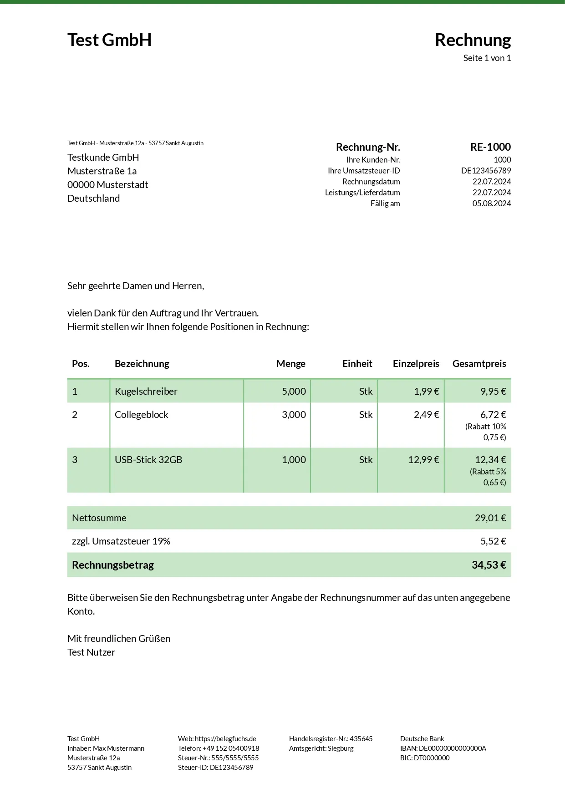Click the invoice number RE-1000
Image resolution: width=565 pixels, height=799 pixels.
tap(490, 147)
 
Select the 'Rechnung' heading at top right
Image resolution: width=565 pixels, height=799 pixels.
tap(473, 40)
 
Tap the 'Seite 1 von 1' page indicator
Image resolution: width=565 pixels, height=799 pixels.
tap(487, 58)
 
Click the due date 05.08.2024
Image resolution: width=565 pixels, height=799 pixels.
tap(491, 204)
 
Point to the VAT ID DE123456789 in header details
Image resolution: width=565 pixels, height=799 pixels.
tap(486, 171)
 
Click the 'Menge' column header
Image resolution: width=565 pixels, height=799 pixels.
tap(290, 364)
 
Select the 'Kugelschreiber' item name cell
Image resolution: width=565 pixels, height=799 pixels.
tap(146, 392)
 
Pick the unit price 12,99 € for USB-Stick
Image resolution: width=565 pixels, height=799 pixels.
tap(423, 460)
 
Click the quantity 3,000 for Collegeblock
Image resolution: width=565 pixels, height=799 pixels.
tap(294, 415)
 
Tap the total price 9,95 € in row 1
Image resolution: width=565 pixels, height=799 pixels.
tap(493, 392)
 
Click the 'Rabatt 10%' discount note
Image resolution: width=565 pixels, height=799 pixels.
tap(486, 427)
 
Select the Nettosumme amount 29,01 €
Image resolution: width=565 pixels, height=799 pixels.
tap(490, 518)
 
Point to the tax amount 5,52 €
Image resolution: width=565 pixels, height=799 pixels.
tap(493, 541)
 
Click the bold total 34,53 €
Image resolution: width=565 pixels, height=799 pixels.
tap(489, 565)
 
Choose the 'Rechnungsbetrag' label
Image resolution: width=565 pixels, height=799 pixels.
tap(113, 565)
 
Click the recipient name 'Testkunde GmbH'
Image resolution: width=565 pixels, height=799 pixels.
tap(103, 158)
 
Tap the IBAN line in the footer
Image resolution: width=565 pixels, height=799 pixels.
tap(443, 748)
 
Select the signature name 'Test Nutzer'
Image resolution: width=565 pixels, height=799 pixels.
tap(91, 652)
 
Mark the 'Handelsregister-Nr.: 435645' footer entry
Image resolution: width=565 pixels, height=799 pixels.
tap(331, 739)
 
